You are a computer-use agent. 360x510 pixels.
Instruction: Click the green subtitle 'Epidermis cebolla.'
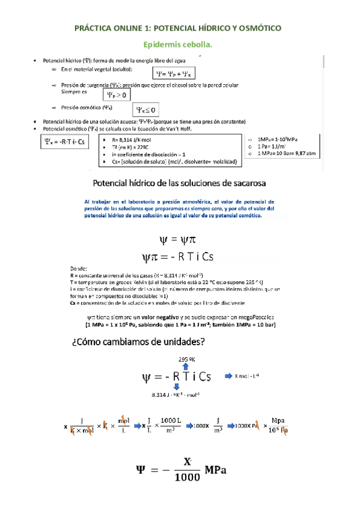click(180, 45)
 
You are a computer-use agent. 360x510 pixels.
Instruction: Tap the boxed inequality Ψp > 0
click(116, 94)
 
